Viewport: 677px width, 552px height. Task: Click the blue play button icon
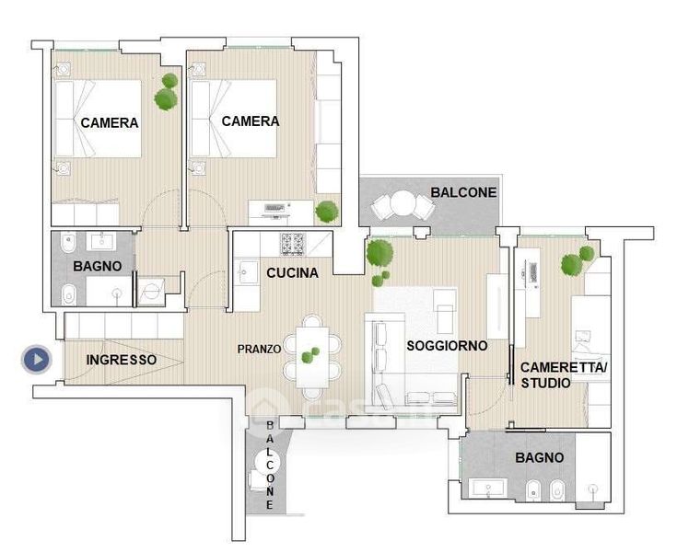click(37, 359)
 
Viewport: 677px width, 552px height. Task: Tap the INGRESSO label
click(122, 360)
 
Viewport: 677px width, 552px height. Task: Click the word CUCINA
click(292, 273)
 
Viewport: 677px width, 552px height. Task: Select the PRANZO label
click(259, 350)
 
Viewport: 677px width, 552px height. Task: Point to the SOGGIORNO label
click(447, 346)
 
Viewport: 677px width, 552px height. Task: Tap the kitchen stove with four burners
click(293, 244)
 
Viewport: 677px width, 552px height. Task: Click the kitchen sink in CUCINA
click(246, 272)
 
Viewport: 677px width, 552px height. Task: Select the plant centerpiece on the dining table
click(310, 355)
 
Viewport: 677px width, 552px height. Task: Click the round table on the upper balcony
click(403, 202)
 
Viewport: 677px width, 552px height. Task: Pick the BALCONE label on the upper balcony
click(463, 192)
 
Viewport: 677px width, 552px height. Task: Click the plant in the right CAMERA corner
click(326, 212)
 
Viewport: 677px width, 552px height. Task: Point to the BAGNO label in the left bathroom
click(97, 266)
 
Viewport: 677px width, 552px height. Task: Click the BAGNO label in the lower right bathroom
click(539, 457)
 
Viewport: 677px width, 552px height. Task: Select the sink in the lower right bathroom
click(488, 489)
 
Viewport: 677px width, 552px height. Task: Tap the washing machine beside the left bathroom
click(151, 293)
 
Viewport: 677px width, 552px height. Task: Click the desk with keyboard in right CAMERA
click(281, 213)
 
